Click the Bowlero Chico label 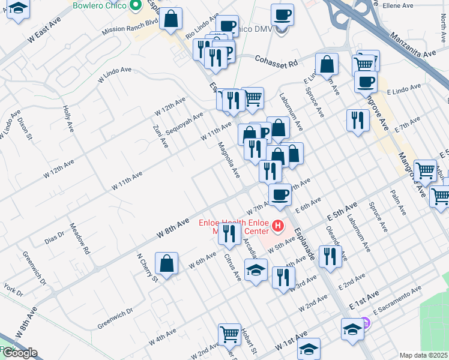99,5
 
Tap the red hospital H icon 277,226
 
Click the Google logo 19,353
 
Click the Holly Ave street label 67,119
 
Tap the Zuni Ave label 160,133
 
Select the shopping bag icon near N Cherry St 166,263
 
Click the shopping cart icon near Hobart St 229,334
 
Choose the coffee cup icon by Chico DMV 282,14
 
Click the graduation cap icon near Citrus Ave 256,269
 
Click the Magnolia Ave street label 228,160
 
